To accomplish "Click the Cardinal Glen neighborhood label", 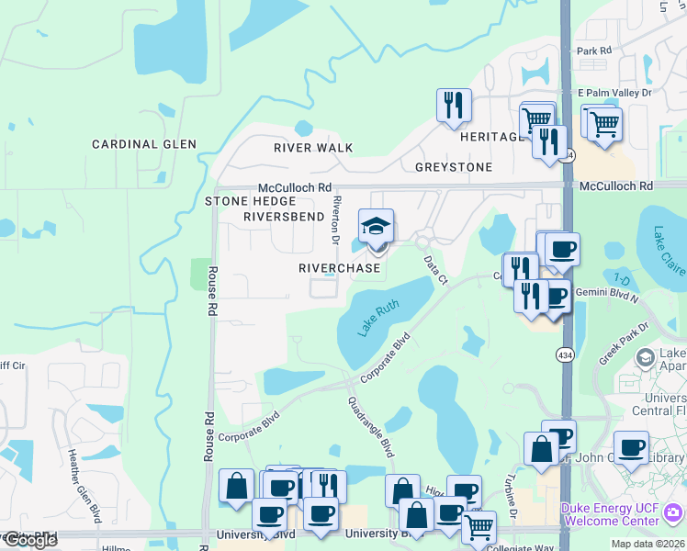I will (144, 144).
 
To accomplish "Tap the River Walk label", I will (313, 148).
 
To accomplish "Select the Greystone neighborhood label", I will (454, 167).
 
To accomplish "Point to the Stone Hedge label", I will (251, 201).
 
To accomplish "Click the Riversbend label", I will (284, 217).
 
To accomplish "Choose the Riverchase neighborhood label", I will (339, 268).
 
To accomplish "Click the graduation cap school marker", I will (376, 227).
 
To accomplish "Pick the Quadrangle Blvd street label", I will (370, 427).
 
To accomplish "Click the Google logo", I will (30, 540).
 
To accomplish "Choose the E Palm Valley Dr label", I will (614, 94).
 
